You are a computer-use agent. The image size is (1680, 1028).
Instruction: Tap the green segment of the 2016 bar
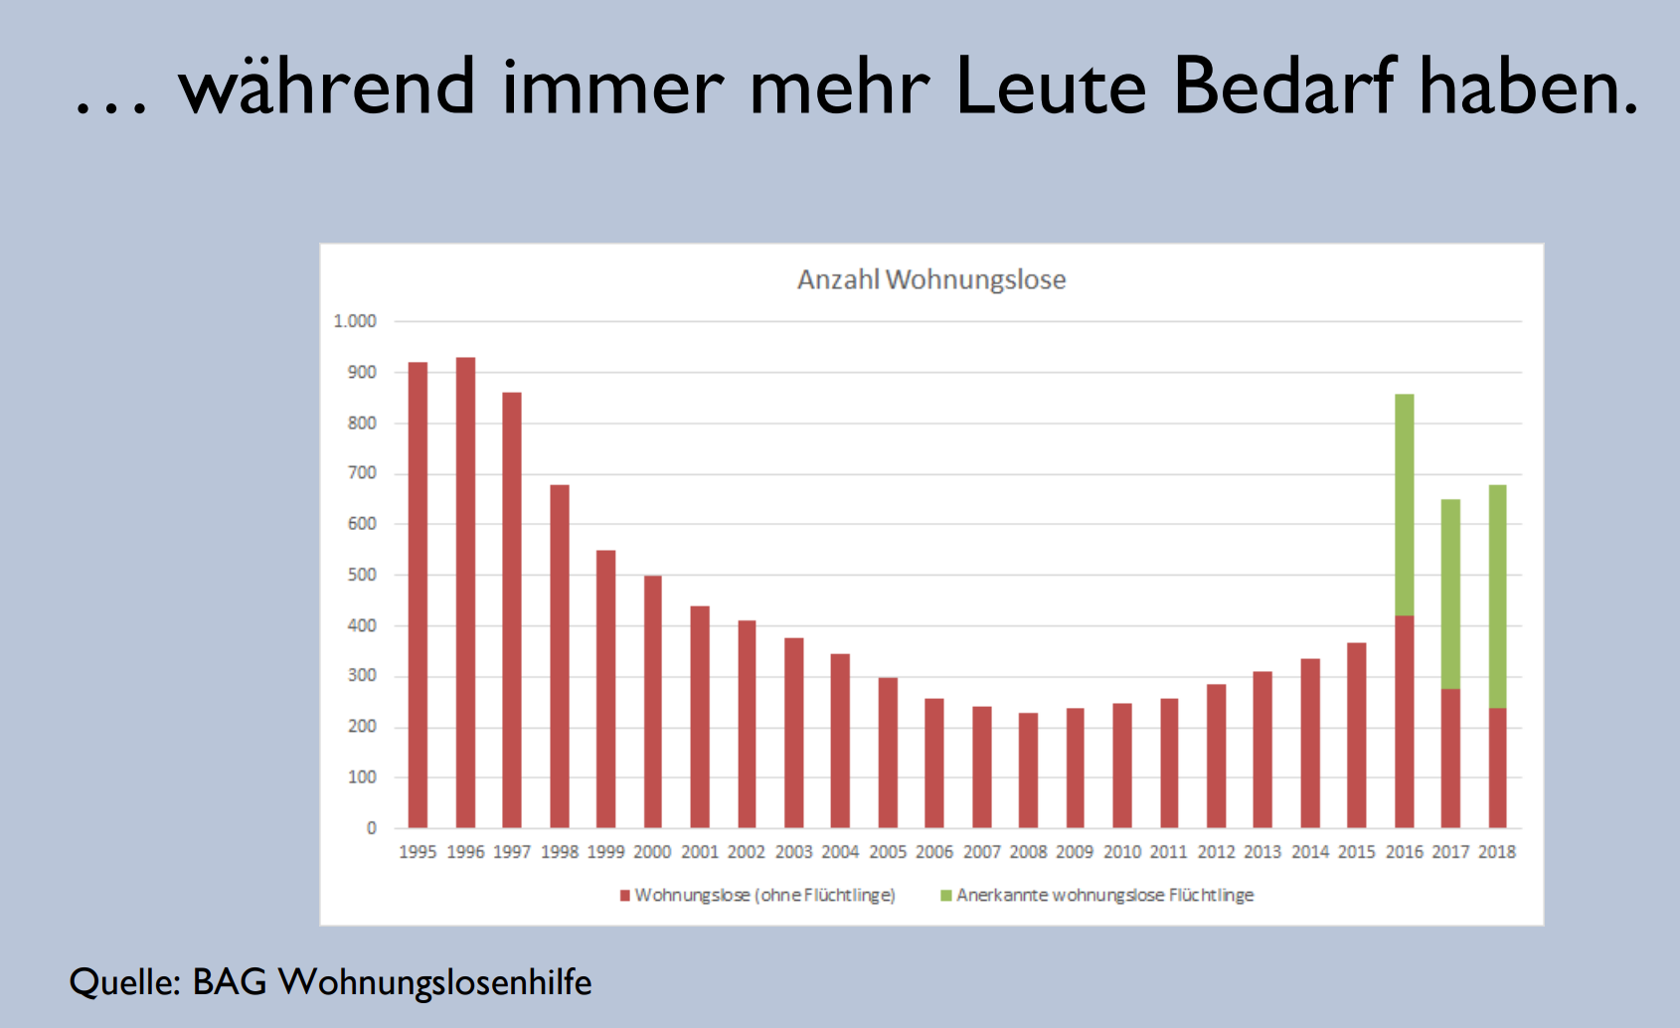pos(1404,505)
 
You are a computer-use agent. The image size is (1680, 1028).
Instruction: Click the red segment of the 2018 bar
pos(1497,768)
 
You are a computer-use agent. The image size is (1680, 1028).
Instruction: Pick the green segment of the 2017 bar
pos(1450,595)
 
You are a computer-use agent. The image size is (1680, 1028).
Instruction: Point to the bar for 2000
pos(652,702)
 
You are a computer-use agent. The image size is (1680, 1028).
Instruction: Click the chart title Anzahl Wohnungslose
pos(931,279)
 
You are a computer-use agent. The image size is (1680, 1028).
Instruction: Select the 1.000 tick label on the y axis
pos(355,321)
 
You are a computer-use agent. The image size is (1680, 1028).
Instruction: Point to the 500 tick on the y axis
pos(362,575)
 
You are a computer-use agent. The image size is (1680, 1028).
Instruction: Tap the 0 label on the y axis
pos(372,828)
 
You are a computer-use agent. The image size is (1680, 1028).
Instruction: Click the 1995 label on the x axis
pos(418,852)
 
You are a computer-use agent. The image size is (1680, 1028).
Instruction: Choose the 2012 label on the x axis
pos(1216,852)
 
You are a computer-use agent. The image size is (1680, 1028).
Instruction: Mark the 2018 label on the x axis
pos(1497,852)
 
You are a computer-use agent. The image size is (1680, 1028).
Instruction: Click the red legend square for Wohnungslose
pos(625,896)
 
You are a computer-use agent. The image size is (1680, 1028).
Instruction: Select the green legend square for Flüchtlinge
pos(946,896)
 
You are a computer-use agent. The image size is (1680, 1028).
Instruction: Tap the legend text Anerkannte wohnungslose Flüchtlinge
pos(1104,896)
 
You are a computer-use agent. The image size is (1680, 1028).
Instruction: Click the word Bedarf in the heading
pos(1284,87)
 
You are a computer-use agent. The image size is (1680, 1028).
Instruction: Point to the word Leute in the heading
pos(1050,87)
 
